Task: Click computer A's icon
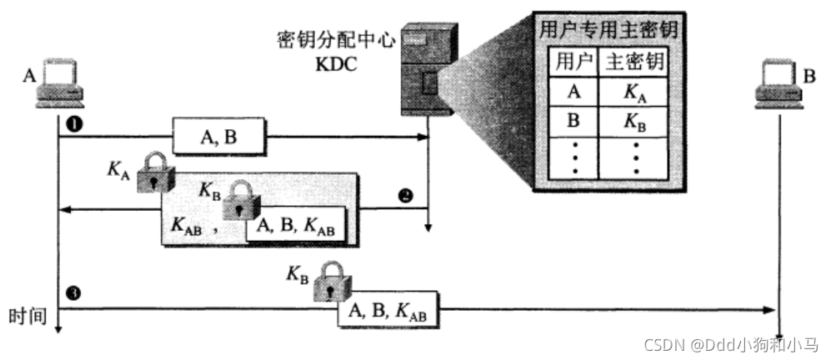pyautogui.click(x=60, y=83)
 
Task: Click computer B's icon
pyautogui.click(x=778, y=82)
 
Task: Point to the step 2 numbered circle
pyautogui.click(x=405, y=197)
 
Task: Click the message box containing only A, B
pyautogui.click(x=218, y=136)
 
